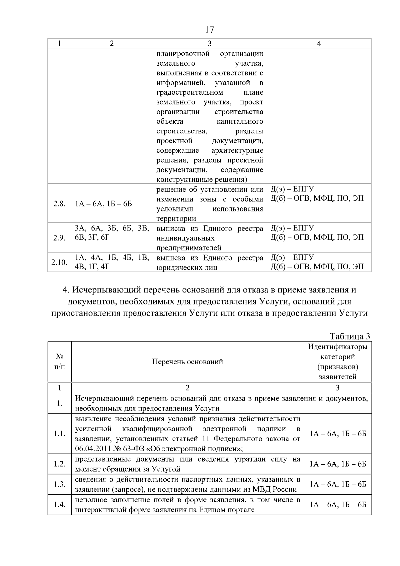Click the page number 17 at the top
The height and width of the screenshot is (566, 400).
(209, 30)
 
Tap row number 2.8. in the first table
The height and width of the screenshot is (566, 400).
(59, 204)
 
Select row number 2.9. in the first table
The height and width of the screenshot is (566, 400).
(59, 238)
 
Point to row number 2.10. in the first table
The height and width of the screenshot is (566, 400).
(59, 262)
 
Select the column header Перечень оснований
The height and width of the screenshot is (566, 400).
(187, 362)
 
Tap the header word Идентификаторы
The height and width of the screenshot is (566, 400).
(337, 347)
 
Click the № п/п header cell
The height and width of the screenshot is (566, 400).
(59, 362)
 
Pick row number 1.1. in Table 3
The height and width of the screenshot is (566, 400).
(59, 434)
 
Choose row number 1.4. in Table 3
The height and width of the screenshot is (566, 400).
(59, 505)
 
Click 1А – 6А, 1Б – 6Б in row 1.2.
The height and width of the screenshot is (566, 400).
(338, 464)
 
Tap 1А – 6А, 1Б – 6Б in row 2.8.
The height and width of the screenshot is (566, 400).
(103, 204)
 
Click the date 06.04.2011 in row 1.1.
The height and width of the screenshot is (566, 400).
(92, 448)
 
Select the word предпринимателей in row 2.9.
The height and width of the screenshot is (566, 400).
(189, 248)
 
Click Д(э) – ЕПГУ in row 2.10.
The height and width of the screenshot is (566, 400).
(292, 257)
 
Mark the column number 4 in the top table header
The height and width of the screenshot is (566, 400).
(319, 43)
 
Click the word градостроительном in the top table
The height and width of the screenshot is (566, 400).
(190, 92)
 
